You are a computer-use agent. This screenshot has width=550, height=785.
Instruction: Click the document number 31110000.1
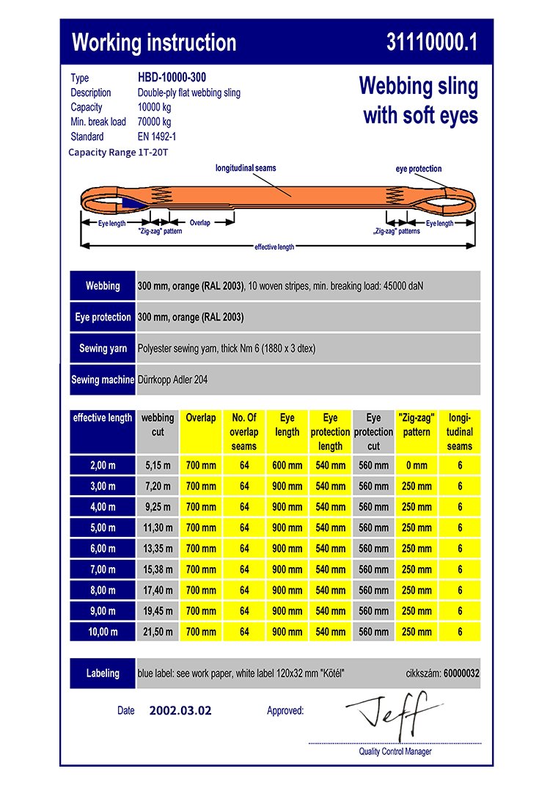pos(431,43)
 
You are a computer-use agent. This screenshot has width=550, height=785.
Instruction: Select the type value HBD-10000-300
pos(172,78)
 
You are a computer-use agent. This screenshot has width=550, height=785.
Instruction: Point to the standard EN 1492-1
pos(157,136)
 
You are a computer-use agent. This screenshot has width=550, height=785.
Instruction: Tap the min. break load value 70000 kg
pos(154,122)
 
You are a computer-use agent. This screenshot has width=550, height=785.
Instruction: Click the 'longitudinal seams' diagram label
pos(246,168)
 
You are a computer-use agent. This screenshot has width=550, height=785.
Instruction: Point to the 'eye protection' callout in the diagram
pos(419,169)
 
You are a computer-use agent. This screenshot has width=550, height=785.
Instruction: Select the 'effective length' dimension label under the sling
pos(274,247)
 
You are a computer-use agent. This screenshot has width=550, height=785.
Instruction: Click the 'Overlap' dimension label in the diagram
pos(199,222)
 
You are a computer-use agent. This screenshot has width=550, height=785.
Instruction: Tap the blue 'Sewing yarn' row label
pos(103,348)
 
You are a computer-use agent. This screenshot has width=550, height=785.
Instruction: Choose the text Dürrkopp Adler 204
pos(174,380)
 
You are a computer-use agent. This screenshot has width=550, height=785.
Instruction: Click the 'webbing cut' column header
pos(158,425)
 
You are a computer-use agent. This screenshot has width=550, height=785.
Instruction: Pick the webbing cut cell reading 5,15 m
pos(158,465)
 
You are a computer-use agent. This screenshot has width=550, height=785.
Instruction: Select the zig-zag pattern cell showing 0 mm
pos(417,465)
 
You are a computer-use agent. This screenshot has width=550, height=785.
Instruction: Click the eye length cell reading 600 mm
pos(287,465)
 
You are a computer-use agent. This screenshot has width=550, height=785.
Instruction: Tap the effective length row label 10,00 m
pos(103,632)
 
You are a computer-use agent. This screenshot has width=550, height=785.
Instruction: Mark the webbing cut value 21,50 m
pos(158,632)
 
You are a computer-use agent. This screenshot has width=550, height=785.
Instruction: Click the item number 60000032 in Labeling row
pos(461,673)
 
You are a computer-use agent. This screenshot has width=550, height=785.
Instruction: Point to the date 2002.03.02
pos(180,710)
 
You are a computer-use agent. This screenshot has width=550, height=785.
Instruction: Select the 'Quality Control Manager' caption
pos(395,751)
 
